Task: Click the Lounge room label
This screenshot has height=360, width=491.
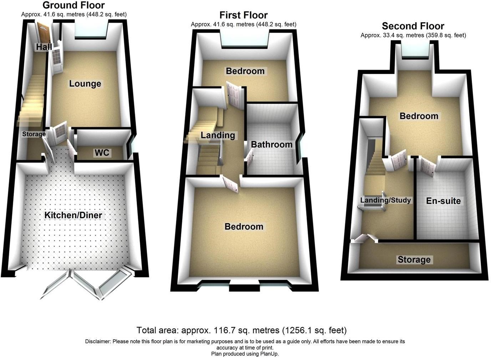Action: click(x=85, y=84)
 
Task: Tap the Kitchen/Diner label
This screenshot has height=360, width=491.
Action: click(x=73, y=215)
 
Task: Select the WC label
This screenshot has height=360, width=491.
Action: click(x=102, y=153)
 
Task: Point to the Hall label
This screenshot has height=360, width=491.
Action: click(x=44, y=47)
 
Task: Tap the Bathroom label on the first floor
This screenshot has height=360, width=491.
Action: click(x=272, y=145)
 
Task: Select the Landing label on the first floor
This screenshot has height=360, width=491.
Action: click(x=218, y=135)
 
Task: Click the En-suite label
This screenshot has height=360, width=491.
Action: click(x=444, y=201)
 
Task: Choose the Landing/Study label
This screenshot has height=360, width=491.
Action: click(x=386, y=200)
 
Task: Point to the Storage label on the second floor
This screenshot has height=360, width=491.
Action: click(x=414, y=260)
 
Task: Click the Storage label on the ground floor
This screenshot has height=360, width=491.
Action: click(x=34, y=134)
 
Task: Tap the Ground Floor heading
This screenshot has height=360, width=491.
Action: click(x=74, y=5)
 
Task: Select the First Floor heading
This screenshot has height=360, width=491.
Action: click(x=243, y=15)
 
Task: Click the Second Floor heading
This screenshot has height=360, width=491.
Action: click(x=413, y=26)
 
